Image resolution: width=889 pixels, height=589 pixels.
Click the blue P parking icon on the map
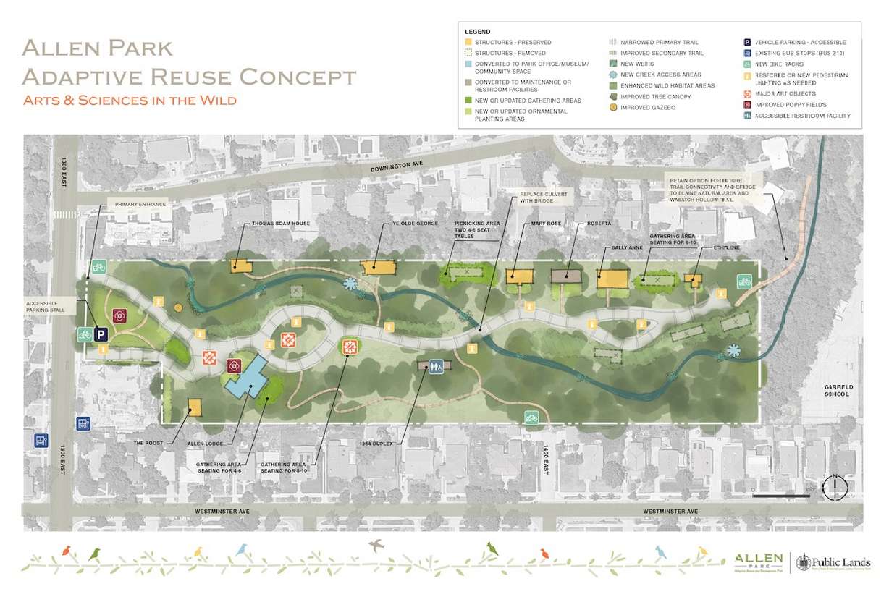point(102,334)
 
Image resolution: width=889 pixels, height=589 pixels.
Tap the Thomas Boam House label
point(280,224)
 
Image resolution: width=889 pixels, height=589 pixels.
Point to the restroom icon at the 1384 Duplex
point(435,367)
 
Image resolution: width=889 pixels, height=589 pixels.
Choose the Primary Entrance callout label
point(140,205)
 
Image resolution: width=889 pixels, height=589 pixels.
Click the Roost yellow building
point(193,407)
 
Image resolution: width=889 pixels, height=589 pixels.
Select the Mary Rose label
point(534,224)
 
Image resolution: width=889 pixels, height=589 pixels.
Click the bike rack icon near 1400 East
point(532,417)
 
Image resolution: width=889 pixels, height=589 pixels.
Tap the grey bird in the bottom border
point(376,544)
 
